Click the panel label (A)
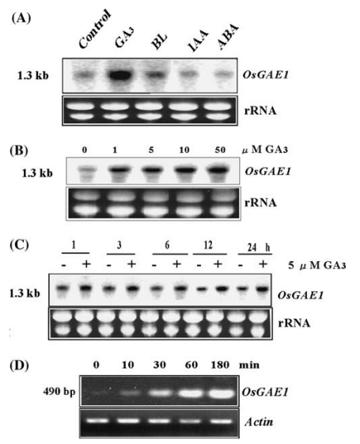click(x=21, y=18)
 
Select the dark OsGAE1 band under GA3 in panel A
click(x=119, y=75)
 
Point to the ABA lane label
click(x=228, y=37)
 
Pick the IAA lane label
click(x=198, y=41)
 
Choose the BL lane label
click(x=159, y=42)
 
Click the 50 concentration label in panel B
click(x=220, y=150)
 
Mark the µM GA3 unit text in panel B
click(x=265, y=150)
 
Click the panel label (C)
click(x=19, y=245)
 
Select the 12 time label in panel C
click(x=208, y=245)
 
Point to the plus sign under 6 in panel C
click(x=177, y=264)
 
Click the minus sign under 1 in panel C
click(x=64, y=265)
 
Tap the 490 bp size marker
click(x=59, y=393)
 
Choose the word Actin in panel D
click(x=260, y=422)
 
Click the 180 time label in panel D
click(x=220, y=365)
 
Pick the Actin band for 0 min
click(x=97, y=421)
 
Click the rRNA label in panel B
click(x=260, y=203)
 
